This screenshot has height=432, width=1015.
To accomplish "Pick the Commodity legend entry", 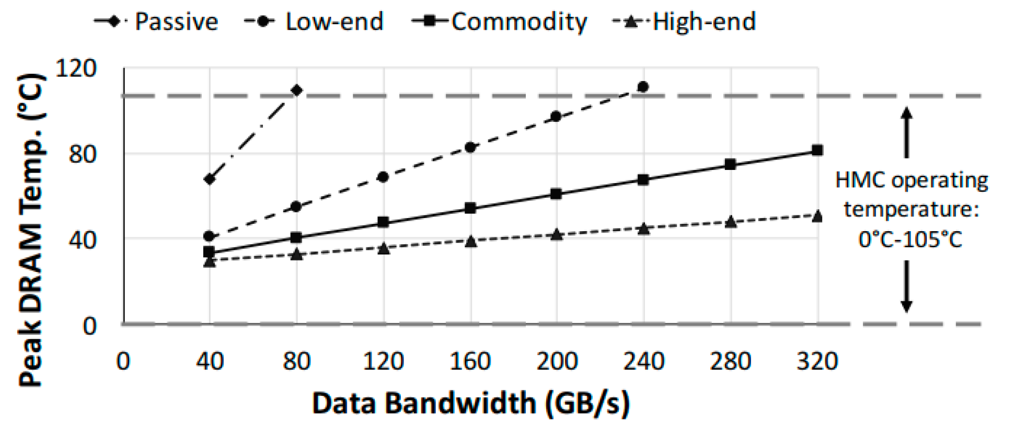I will coord(499,22).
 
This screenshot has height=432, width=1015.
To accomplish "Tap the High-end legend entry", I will coord(685,22).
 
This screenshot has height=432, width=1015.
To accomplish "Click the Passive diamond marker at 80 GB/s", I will coord(296,90).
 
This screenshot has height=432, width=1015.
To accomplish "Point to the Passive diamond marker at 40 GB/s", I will coord(210,179).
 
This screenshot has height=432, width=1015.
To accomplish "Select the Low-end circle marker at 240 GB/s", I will coord(643,87).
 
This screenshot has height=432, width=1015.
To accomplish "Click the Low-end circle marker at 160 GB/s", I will coord(470,147).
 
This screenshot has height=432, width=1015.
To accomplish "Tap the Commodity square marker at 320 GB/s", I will coord(817,151).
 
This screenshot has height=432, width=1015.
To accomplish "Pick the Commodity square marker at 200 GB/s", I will coord(557,194).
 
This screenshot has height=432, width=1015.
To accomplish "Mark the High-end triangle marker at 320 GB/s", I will coord(817,216).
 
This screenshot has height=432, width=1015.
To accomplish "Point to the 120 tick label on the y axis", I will coord(76,69).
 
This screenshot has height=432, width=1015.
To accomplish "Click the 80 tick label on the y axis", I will coord(83,154).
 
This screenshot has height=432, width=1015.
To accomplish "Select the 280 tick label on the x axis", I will coord(730,361).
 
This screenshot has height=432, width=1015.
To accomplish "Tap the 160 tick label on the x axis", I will coord(470,361).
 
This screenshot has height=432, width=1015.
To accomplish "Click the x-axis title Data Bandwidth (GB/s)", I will coord(470,404).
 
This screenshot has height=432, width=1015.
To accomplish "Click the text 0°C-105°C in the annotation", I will coord(910,240).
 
